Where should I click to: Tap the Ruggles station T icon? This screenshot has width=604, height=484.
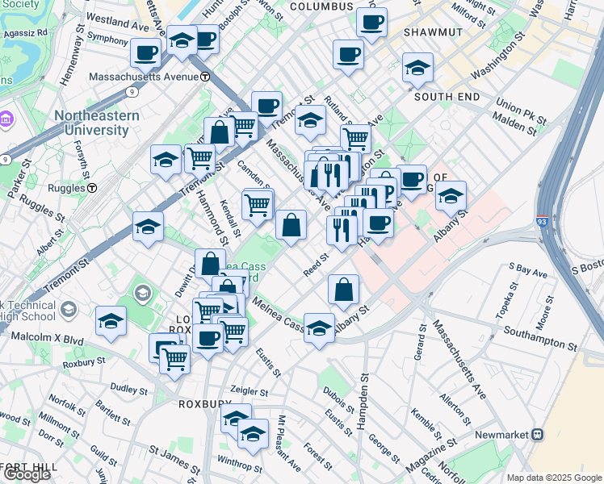pos(92,188)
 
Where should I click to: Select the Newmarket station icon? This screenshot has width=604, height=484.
pos(537,434)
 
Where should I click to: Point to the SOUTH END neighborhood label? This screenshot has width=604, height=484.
pos(447,97)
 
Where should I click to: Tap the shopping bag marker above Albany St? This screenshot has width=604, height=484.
pos(344,290)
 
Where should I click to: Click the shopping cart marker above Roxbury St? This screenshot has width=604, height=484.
pos(174,359)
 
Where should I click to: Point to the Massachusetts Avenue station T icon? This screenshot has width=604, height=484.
pos(206,77)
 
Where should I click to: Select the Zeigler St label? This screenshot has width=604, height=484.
pos(247,389)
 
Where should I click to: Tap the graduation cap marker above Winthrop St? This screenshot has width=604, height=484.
pos(253,434)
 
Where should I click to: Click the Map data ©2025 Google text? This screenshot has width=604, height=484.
pos(554,477)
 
